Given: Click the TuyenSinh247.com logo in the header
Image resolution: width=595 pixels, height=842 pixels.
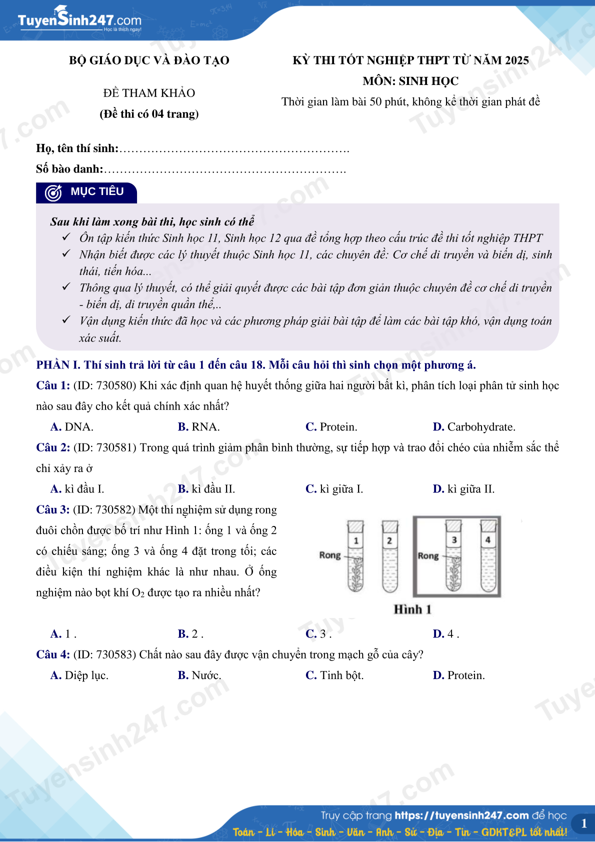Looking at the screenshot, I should pos(79,20).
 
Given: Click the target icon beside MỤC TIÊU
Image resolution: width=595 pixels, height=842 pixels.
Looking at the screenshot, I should pos(53,192).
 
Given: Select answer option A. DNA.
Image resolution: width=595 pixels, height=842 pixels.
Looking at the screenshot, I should pos(72,427).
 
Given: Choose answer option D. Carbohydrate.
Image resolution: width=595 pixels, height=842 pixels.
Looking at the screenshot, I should pos(473,427).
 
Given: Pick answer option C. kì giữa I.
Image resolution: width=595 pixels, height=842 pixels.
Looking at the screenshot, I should pos(334,489).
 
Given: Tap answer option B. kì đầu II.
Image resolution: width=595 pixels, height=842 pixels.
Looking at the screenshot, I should pos(206,489).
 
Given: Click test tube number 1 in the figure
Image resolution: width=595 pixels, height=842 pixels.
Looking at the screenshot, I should pos(355,556).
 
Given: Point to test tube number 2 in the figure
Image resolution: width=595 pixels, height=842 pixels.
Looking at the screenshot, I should pos(389,556).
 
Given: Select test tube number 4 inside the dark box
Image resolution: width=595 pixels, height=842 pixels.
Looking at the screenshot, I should pos(487,556).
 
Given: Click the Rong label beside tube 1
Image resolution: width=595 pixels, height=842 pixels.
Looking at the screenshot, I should pos(329,555).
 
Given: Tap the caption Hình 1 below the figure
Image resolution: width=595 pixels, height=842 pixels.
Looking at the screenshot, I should pos(412,609).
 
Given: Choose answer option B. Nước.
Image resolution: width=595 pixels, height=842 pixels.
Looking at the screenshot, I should pos(199,675).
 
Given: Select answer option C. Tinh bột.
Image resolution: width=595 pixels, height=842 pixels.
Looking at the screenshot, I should pos(334,675).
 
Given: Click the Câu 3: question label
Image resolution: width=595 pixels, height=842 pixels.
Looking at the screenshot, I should pos(52,509).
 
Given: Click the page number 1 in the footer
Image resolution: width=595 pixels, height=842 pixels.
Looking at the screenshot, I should pos(583,823).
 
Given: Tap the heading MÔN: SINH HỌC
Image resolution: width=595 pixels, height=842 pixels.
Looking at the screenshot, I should pos(410,81).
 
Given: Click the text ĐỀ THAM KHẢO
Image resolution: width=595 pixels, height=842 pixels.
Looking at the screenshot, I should pos(149,93).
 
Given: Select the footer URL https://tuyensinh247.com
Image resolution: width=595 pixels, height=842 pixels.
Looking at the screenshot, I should pos(461,815).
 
